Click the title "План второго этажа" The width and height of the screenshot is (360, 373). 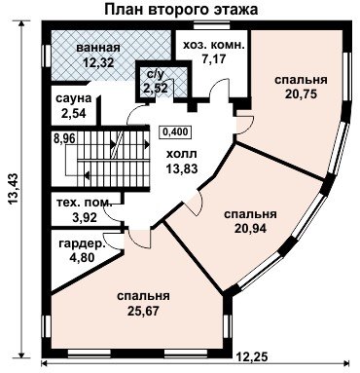(182, 9)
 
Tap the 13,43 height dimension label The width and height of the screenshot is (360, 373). (14, 189)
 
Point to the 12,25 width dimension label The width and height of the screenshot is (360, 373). (252, 356)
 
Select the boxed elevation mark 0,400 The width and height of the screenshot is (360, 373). (175, 131)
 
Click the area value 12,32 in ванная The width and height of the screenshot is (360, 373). (98, 62)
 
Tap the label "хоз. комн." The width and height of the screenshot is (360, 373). (213, 46)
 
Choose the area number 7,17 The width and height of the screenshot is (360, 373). (213, 58)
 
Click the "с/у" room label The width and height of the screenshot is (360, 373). (156, 75)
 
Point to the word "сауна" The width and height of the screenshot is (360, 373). (74, 98)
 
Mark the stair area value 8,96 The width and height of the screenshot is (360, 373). (65, 138)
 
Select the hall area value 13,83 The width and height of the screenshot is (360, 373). (182, 168)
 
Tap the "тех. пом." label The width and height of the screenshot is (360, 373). (85, 203)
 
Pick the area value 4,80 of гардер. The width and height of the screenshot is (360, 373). (82, 257)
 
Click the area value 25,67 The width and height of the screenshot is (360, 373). (143, 311)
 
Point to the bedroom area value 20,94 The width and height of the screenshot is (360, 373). (250, 229)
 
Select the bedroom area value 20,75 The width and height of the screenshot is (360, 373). (301, 93)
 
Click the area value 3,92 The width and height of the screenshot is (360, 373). (85, 217)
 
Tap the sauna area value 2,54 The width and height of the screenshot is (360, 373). (74, 113)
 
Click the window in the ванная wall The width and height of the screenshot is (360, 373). (47, 56)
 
